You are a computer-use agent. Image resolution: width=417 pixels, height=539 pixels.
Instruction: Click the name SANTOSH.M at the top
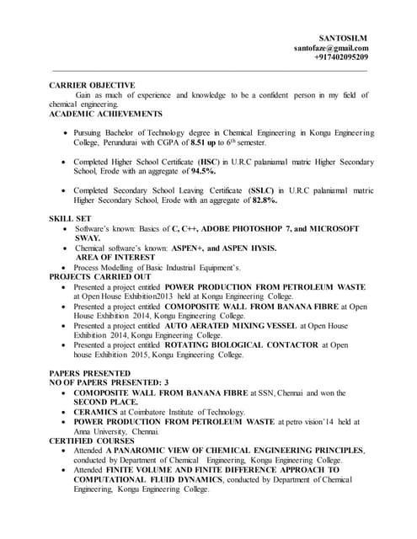[343, 38]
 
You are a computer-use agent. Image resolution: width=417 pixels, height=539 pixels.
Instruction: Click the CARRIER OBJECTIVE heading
[92, 85]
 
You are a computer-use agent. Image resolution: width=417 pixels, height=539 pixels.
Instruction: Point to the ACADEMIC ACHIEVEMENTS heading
[105, 113]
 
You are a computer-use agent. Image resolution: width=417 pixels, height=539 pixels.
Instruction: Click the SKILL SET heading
[72, 219]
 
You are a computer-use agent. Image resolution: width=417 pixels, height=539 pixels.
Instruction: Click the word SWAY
[88, 238]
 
